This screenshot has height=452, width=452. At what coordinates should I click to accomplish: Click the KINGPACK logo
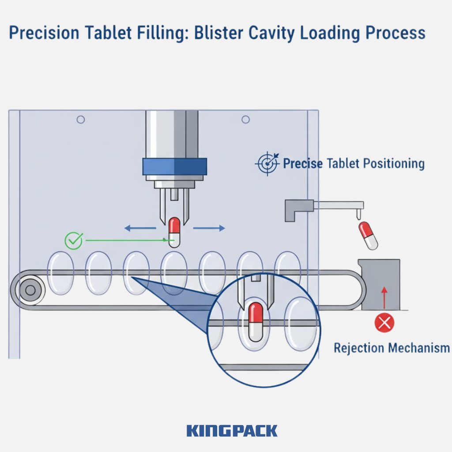[x=232, y=430]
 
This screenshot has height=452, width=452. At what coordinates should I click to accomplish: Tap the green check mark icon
[x=73, y=241]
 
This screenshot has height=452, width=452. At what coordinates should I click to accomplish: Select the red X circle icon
[x=384, y=323]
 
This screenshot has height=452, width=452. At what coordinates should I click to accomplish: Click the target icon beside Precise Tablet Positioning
[x=267, y=164]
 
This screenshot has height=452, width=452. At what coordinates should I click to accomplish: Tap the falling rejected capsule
[x=368, y=236]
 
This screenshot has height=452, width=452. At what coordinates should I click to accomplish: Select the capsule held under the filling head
[x=175, y=232]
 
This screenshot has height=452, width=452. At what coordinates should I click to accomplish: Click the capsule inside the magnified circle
[x=256, y=322]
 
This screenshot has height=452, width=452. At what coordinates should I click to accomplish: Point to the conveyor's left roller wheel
[x=30, y=290]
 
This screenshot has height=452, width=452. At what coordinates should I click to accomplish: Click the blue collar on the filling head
[x=174, y=166]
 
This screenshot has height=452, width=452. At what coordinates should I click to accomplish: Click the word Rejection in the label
[x=358, y=348]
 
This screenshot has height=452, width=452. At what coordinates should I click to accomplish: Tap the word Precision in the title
[x=42, y=33]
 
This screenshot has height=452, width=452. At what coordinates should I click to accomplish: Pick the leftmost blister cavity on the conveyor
[x=60, y=273]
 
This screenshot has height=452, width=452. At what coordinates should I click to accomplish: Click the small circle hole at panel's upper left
[x=80, y=119]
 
